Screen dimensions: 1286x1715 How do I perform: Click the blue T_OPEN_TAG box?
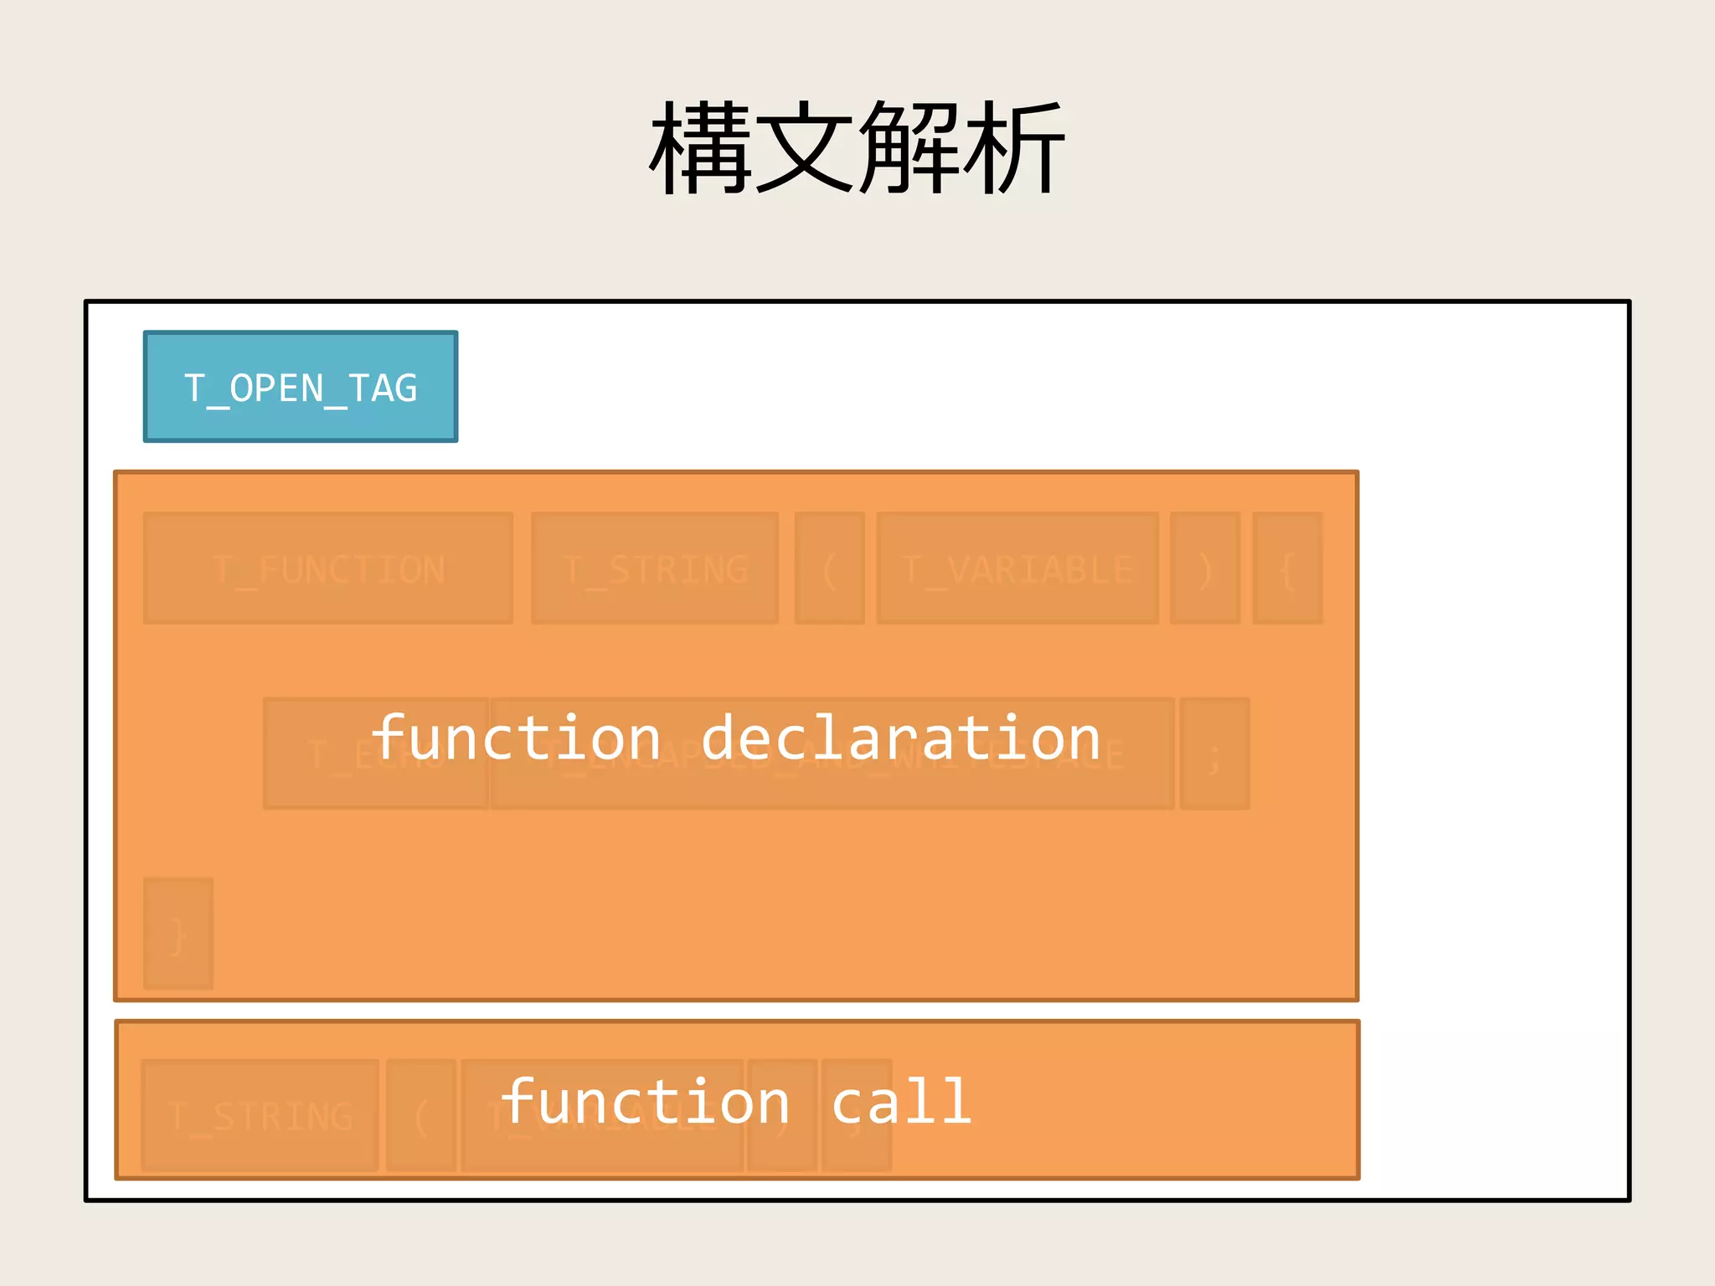pyautogui.click(x=300, y=387)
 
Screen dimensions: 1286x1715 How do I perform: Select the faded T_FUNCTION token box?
pyautogui.click(x=327, y=568)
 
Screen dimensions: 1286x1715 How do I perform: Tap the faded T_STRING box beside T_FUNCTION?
pyautogui.click(x=654, y=568)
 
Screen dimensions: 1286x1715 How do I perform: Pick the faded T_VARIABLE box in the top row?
pyautogui.click(x=1017, y=568)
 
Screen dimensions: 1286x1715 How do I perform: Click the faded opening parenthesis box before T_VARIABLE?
pyautogui.click(x=829, y=568)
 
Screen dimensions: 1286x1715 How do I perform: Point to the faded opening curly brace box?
pyautogui.click(x=1287, y=568)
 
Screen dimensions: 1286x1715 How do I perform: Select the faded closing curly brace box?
pyautogui.click(x=178, y=934)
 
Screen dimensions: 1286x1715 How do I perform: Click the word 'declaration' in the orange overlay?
pyautogui.click(x=900, y=738)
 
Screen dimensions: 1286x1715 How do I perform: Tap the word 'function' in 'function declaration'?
pyautogui.click(x=516, y=738)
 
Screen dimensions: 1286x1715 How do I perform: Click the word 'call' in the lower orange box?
pyautogui.click(x=901, y=1102)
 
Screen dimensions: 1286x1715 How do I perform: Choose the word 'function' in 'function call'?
pyautogui.click(x=645, y=1102)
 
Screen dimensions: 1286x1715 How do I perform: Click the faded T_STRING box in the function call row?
pyautogui.click(x=260, y=1115)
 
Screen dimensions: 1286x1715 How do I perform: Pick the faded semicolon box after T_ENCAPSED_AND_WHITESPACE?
pyautogui.click(x=1214, y=754)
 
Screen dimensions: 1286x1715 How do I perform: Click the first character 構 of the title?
pyautogui.click(x=702, y=148)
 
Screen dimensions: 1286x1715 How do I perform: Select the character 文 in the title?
pyautogui.click(x=806, y=148)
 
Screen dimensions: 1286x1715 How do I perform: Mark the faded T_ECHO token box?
pyautogui.click(x=335, y=754)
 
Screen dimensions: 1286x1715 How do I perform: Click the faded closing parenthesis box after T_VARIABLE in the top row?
pyautogui.click(x=1205, y=568)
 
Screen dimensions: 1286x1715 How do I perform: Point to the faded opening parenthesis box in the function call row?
pyautogui.click(x=421, y=1115)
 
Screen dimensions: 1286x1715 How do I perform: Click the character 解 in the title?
pyautogui.click(x=909, y=148)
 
